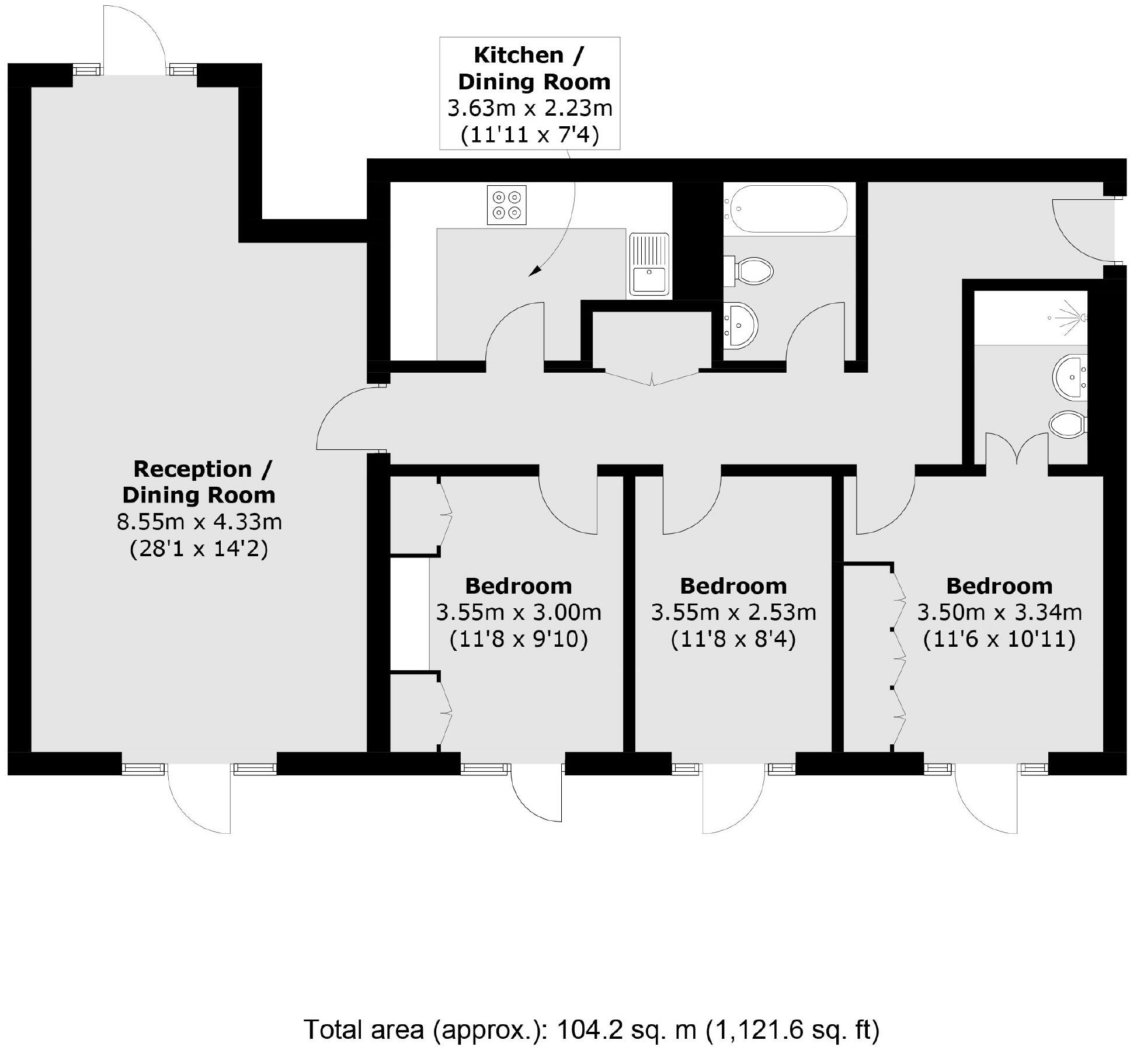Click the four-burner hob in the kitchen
pos(506,205)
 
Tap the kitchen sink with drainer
pos(648,264)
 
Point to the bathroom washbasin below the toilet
pos(740,326)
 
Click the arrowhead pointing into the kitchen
pos(533,273)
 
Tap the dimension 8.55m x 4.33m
pos(199,521)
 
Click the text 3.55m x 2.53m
pos(733,612)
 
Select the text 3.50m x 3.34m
pos(999,612)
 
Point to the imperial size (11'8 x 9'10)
pos(518,639)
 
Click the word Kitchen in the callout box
pos(519,55)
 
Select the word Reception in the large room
pos(192,469)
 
